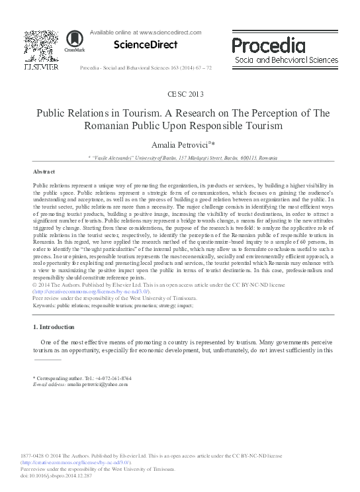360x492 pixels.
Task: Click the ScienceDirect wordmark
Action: click(146, 45)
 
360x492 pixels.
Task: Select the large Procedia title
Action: click(268, 45)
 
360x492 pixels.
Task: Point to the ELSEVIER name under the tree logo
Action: click(41, 68)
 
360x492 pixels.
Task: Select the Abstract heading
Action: click(44, 171)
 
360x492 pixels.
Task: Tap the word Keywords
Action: click(44, 306)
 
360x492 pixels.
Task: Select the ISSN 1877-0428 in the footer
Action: click(34, 456)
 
